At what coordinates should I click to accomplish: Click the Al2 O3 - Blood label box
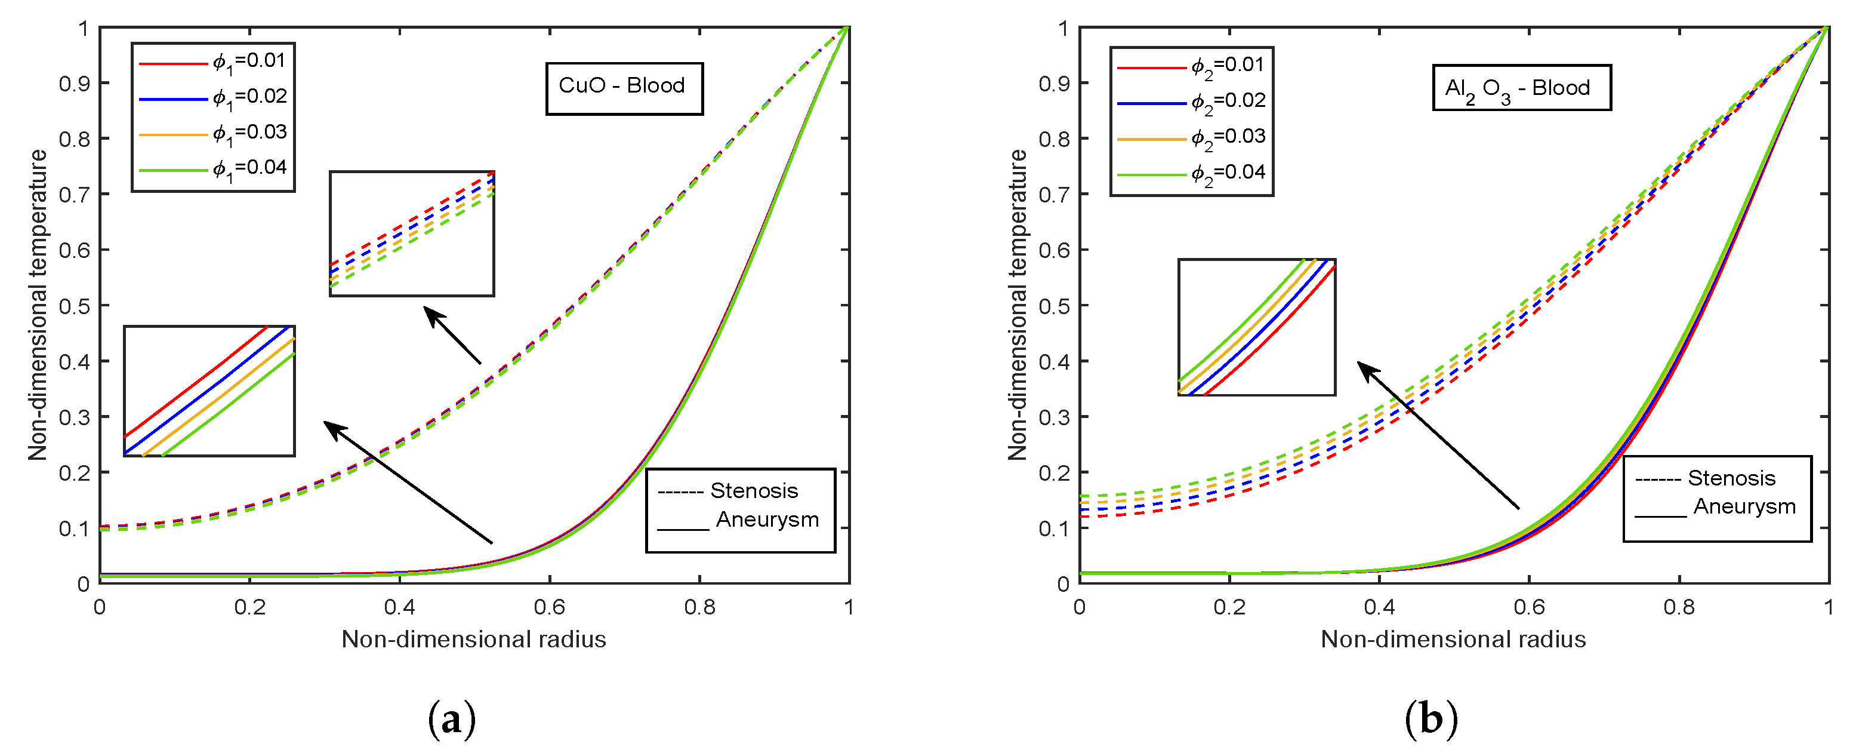point(1521,88)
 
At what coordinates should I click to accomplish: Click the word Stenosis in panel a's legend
point(754,491)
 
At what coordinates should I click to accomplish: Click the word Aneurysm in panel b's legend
point(1744,506)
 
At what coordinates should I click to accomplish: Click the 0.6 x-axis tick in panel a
point(549,607)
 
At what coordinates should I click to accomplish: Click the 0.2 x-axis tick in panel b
point(1229,607)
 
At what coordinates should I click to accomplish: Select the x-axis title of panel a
point(473,639)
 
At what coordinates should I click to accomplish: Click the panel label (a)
point(452,719)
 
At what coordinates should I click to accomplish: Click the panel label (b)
point(1431,719)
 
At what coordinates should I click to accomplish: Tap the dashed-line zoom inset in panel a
point(411,233)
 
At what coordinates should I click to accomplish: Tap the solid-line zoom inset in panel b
point(1257,327)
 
